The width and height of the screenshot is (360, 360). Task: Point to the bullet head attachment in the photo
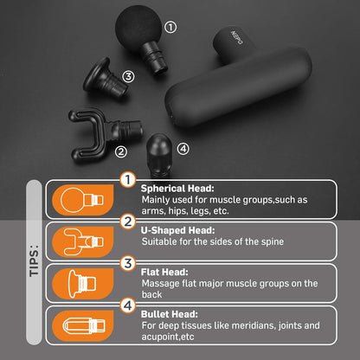point(160,151)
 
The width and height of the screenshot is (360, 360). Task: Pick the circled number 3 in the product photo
point(128,77)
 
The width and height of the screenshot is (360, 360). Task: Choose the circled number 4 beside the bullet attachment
point(183,148)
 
